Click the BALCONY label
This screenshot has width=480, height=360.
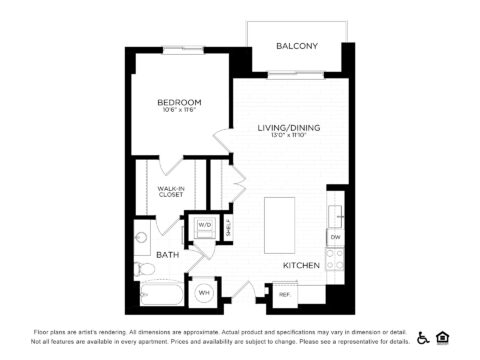(297, 46)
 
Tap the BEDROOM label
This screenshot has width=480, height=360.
(180, 102)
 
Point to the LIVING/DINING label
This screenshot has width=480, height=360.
(288, 127)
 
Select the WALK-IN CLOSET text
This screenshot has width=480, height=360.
(170, 191)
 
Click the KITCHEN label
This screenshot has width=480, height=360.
(300, 265)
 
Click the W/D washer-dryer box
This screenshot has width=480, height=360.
(205, 226)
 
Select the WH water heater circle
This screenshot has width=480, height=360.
(204, 292)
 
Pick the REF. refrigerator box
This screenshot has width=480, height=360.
(284, 294)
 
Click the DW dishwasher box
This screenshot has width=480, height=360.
(335, 237)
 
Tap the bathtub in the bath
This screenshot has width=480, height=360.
(160, 294)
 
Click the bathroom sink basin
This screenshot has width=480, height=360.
(142, 239)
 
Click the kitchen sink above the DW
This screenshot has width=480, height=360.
(338, 214)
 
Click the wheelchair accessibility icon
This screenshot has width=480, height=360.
(423, 337)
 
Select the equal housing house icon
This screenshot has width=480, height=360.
(443, 337)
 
